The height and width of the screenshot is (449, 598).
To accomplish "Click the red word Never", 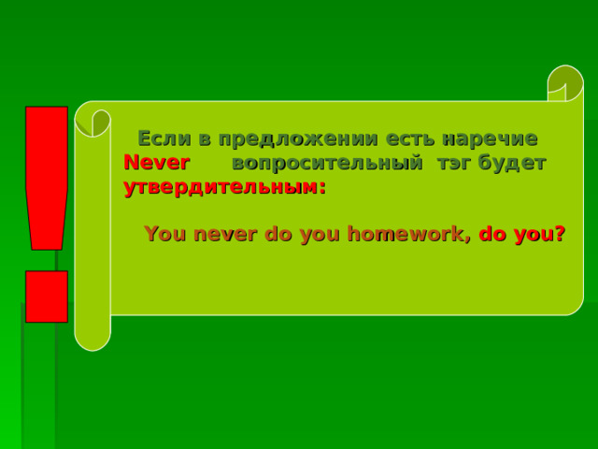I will tap(156, 163).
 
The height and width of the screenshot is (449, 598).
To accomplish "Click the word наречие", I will tap(491, 138).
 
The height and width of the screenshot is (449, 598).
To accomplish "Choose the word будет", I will tap(512, 163).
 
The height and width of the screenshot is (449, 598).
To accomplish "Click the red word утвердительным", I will tap(221, 185).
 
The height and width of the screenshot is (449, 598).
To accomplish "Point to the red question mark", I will tap(559, 234).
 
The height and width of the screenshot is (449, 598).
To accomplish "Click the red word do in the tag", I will tap(492, 234).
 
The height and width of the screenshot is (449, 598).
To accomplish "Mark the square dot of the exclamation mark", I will tap(47, 297).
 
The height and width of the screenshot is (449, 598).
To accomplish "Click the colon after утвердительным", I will tap(322, 187).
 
